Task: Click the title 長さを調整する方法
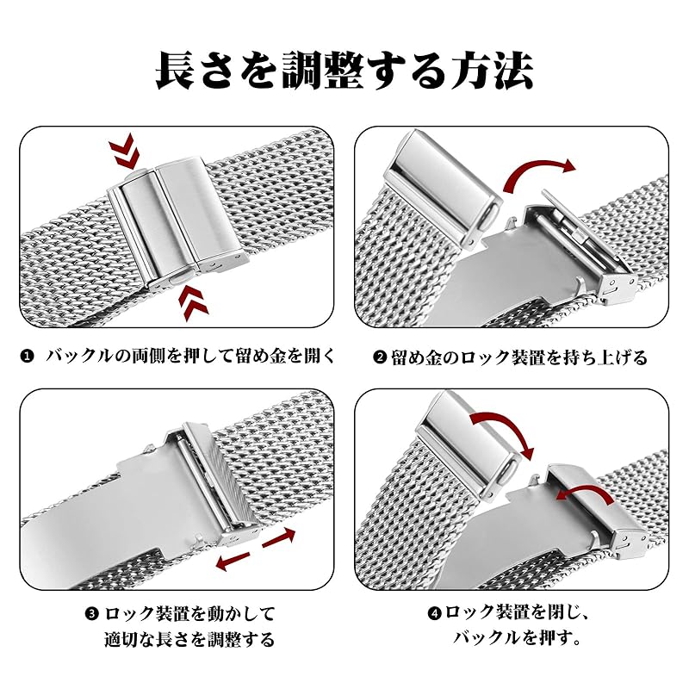pyautogui.click(x=344, y=71)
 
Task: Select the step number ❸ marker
pyautogui.click(x=93, y=614)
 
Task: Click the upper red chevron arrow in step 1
pyautogui.click(x=125, y=153)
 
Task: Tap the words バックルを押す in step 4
pyautogui.click(x=517, y=639)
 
